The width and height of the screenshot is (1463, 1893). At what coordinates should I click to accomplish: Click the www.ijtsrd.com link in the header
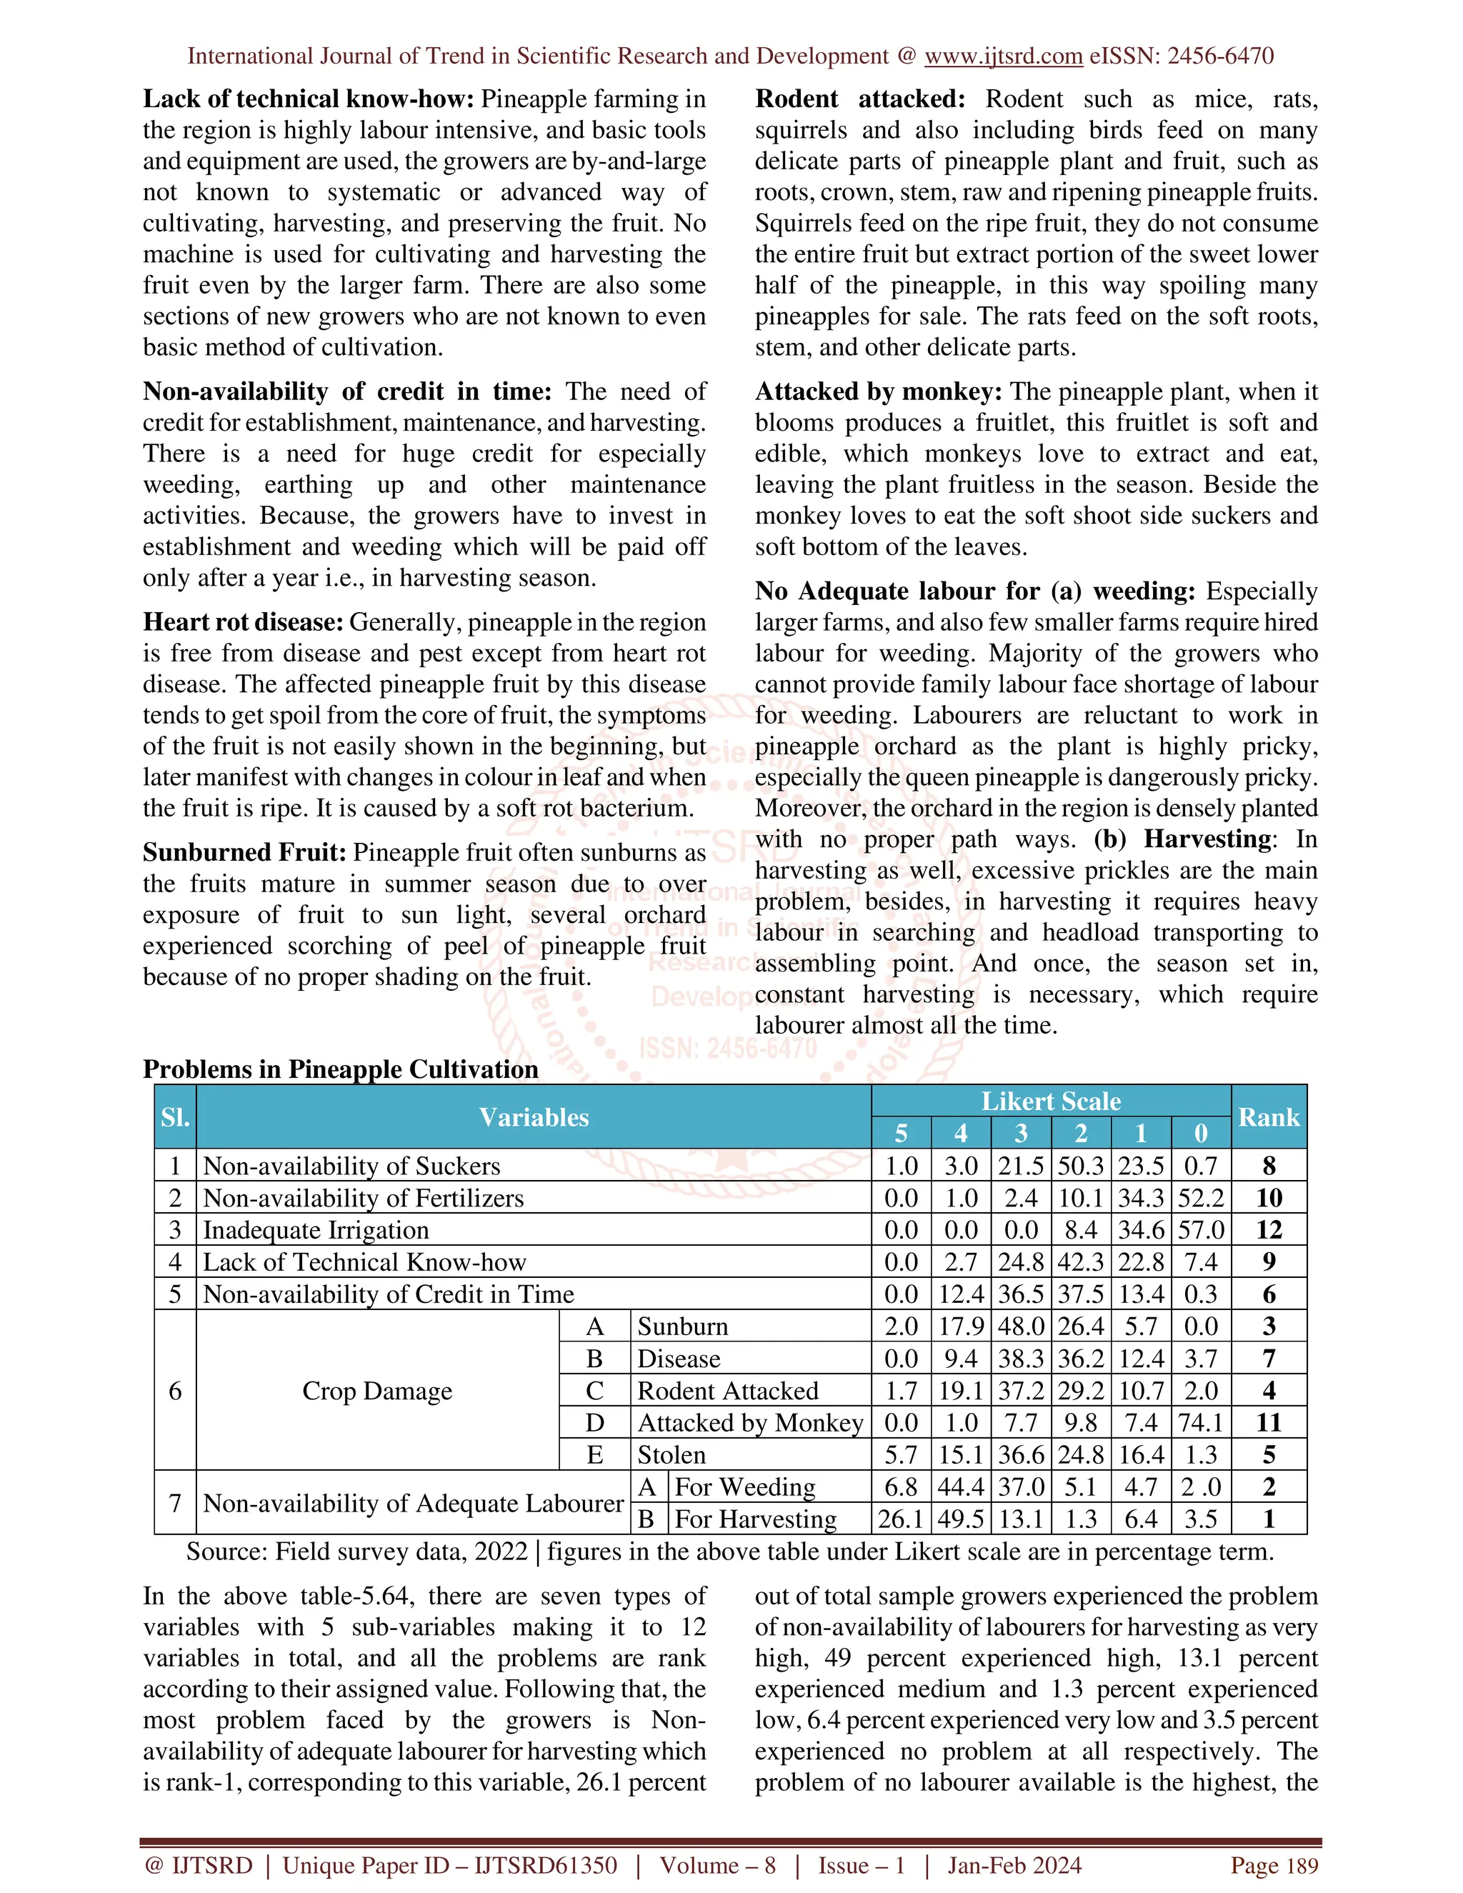(1003, 56)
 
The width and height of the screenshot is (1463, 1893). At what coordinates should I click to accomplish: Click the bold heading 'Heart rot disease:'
(244, 622)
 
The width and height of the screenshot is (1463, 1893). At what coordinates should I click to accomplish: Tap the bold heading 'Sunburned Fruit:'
(244, 853)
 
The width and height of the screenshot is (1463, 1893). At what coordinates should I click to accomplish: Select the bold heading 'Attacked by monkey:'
(878, 391)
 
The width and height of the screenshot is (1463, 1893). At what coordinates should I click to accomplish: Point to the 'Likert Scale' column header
(1050, 1101)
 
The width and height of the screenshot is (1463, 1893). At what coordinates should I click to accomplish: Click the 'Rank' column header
(1268, 1117)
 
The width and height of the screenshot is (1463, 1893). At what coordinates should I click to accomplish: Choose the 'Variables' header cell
(533, 1117)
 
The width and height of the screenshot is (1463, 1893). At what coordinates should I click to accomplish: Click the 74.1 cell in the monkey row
(1200, 1423)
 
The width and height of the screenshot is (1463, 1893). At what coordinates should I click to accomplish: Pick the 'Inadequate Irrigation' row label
(316, 1230)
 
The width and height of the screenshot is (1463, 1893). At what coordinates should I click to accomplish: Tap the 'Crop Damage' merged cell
(377, 1391)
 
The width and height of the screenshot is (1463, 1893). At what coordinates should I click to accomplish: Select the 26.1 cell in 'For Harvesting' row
(901, 1519)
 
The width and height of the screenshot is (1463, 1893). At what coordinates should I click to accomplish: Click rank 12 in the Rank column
(1268, 1230)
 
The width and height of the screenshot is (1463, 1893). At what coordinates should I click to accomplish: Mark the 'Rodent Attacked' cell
(727, 1391)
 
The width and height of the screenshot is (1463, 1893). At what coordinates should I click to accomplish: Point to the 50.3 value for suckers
(1080, 1166)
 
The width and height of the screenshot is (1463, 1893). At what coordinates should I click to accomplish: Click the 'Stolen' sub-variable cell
(671, 1455)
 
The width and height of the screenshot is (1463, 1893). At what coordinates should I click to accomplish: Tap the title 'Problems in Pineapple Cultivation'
(341, 1069)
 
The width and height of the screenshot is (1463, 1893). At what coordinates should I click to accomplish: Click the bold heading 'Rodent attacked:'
(860, 99)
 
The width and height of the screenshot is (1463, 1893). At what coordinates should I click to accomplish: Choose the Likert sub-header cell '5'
(901, 1134)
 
